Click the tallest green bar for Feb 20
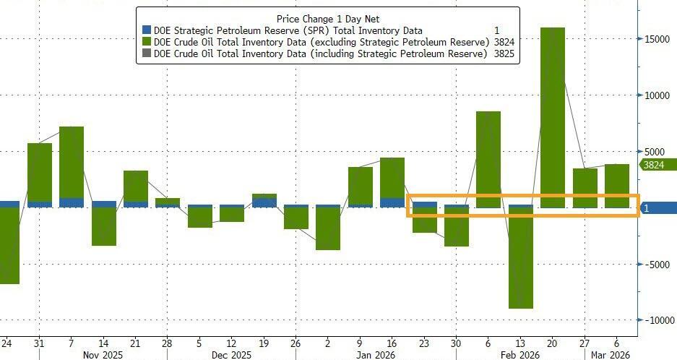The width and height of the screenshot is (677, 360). [x=553, y=116]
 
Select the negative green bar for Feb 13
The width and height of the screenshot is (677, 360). [x=520, y=260]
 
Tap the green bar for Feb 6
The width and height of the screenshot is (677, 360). [x=488, y=159]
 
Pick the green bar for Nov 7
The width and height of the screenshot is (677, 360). [x=72, y=163]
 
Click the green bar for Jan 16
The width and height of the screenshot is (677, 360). [x=392, y=178]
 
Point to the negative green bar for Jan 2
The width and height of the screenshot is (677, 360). [x=328, y=229]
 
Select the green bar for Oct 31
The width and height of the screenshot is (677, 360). [x=40, y=172]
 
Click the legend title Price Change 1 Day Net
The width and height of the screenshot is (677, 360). [x=328, y=18]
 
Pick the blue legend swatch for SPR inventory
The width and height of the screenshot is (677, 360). [x=147, y=30]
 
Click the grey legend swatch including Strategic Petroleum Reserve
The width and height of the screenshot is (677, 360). [x=147, y=54]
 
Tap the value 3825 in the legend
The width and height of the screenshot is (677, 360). [x=504, y=54]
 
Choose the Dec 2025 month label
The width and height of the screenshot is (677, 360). [x=231, y=355]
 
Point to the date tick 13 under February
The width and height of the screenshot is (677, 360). [x=520, y=343]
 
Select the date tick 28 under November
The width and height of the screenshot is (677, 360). [x=168, y=343]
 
